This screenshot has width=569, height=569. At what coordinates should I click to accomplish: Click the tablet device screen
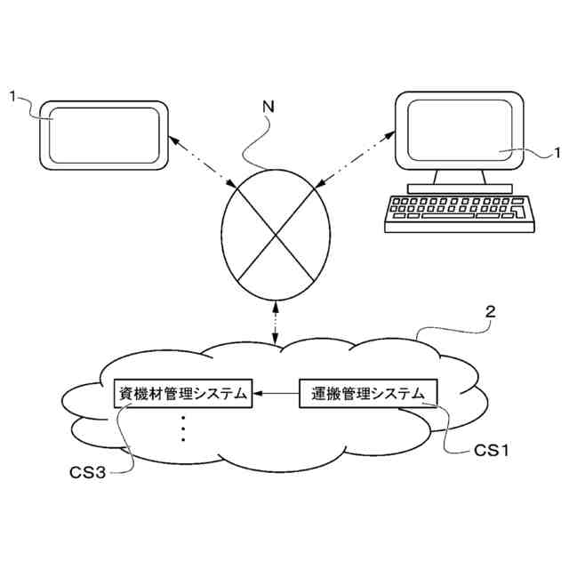(105, 135)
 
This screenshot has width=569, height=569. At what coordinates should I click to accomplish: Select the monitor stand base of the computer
(461, 188)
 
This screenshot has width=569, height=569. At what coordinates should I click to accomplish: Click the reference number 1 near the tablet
(12, 93)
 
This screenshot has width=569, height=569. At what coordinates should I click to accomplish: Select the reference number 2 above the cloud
(490, 314)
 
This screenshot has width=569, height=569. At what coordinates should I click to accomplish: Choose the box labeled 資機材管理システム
(184, 393)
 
